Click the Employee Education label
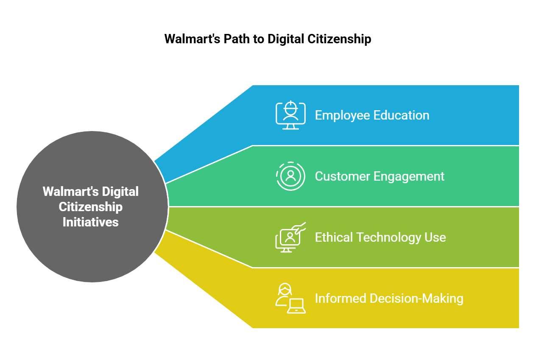coord(372,115)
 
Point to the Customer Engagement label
coord(380,176)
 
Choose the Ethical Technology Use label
coord(380,237)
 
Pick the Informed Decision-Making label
coord(389,298)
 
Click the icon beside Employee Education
coord(290,115)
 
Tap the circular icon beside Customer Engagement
coord(290,176)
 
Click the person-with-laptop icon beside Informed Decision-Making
coord(290,299)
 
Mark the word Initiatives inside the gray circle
coord(91,222)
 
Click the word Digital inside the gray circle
coord(122,192)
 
